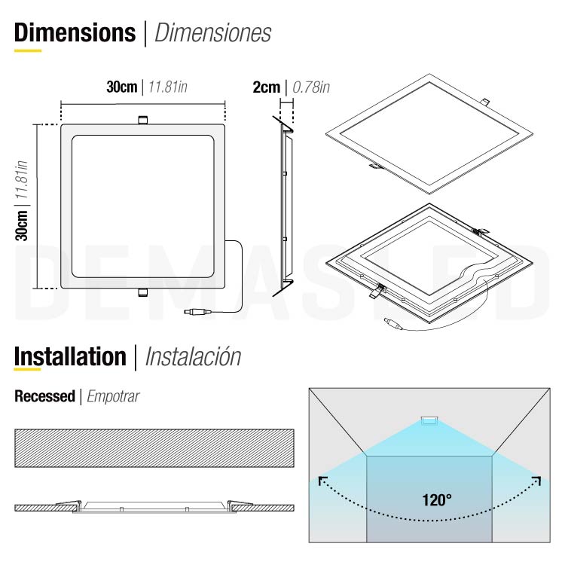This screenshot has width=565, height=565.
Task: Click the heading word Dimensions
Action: pyautogui.click(x=74, y=33)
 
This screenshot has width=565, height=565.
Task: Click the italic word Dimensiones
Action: pyautogui.click(x=212, y=33)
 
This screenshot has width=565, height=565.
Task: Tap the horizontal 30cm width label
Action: pyautogui.click(x=121, y=87)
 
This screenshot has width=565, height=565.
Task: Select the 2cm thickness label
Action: pyautogui.click(x=267, y=87)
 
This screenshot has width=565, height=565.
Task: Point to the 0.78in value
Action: pyautogui.click(x=311, y=87)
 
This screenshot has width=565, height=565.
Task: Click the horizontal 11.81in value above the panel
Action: pyautogui.click(x=168, y=87)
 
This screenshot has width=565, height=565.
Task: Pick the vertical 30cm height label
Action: pyautogui.click(x=23, y=225)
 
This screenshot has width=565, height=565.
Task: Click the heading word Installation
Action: pyautogui.click(x=70, y=356)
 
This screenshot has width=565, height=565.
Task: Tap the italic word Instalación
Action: pyautogui.click(x=193, y=356)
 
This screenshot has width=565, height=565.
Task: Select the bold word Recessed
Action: pyautogui.click(x=44, y=396)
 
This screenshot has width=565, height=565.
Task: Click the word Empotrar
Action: pyautogui.click(x=113, y=396)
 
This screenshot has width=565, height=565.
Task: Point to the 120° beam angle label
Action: pyautogui.click(x=437, y=499)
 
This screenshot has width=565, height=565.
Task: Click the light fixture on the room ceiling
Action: pyautogui.click(x=429, y=420)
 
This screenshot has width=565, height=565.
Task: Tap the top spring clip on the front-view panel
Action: pyautogui.click(x=142, y=120)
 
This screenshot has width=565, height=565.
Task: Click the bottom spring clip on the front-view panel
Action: pyautogui.click(x=142, y=293)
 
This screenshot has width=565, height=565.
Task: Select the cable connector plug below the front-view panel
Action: pyautogui.click(x=197, y=310)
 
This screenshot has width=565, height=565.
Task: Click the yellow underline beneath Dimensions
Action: pyautogui.click(x=28, y=50)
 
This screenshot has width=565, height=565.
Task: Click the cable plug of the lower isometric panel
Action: pyautogui.click(x=393, y=325)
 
